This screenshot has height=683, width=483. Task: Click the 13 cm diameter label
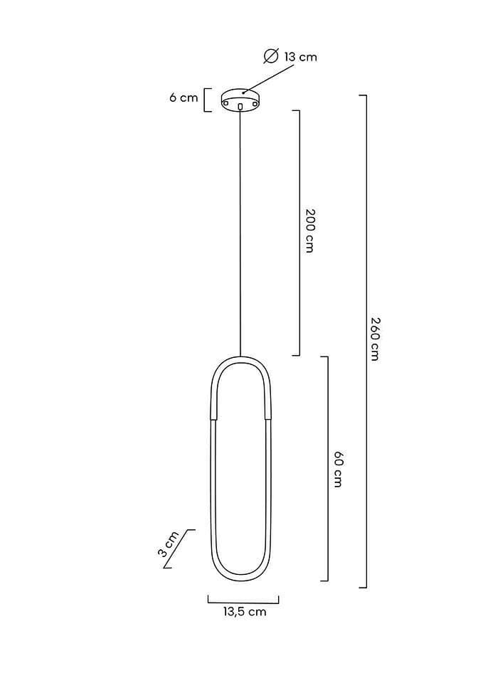tap(300, 57)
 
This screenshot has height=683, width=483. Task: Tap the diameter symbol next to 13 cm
tap(271, 57)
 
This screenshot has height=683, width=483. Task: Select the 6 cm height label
tap(184, 97)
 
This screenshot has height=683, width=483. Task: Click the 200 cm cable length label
tap(309, 231)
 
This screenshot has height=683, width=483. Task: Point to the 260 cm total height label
tap(376, 339)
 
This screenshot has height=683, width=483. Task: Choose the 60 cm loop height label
tap(338, 469)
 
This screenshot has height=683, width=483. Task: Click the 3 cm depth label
tap(168, 544)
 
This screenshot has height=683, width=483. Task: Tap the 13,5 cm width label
tap(245, 612)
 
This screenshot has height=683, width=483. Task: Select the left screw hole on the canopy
tap(226, 102)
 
